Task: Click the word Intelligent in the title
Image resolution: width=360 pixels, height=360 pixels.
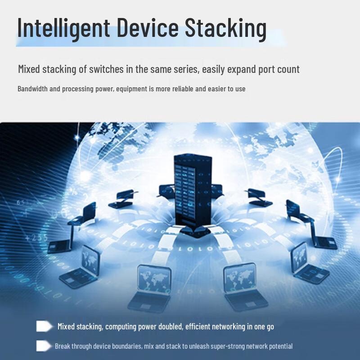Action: pyautogui.click(x=63, y=28)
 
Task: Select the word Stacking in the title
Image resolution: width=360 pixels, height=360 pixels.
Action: pyautogui.click(x=226, y=28)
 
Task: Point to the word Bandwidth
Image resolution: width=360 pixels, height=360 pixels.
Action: pyautogui.click(x=32, y=89)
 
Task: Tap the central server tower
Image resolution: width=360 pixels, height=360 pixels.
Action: pyautogui.click(x=193, y=195)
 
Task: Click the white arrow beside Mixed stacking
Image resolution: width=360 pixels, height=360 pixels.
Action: pyautogui.click(x=44, y=326)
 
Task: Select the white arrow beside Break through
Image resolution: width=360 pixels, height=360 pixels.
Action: pyautogui.click(x=44, y=346)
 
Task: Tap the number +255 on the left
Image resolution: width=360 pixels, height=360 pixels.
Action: pyautogui.click(x=36, y=238)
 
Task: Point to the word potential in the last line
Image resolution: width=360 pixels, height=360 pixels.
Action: pyautogui.click(x=280, y=346)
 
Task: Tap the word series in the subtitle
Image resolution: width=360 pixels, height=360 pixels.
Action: pyautogui.click(x=186, y=69)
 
